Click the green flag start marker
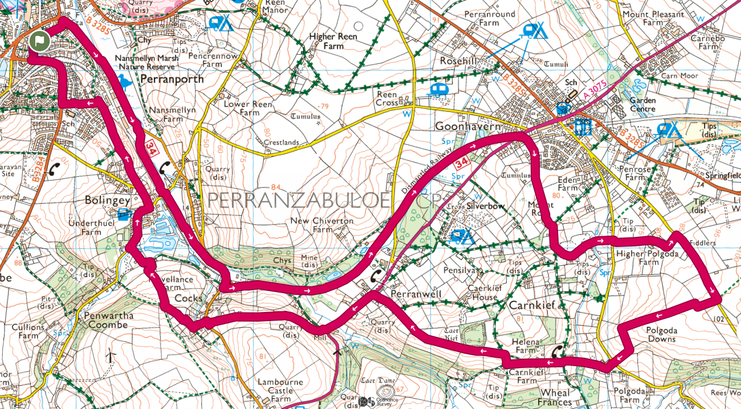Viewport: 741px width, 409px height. [x=39, y=42]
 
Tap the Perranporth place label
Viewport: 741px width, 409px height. [x=172, y=79]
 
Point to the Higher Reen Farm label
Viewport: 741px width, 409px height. [x=333, y=41]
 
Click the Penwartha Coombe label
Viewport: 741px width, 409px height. [x=108, y=320]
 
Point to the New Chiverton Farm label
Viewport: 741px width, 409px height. [x=322, y=225]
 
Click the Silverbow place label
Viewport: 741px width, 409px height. [x=486, y=206]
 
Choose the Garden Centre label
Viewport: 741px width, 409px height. [x=642, y=104]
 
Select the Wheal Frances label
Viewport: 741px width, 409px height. [x=555, y=398]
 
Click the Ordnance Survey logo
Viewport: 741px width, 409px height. [x=374, y=402]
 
